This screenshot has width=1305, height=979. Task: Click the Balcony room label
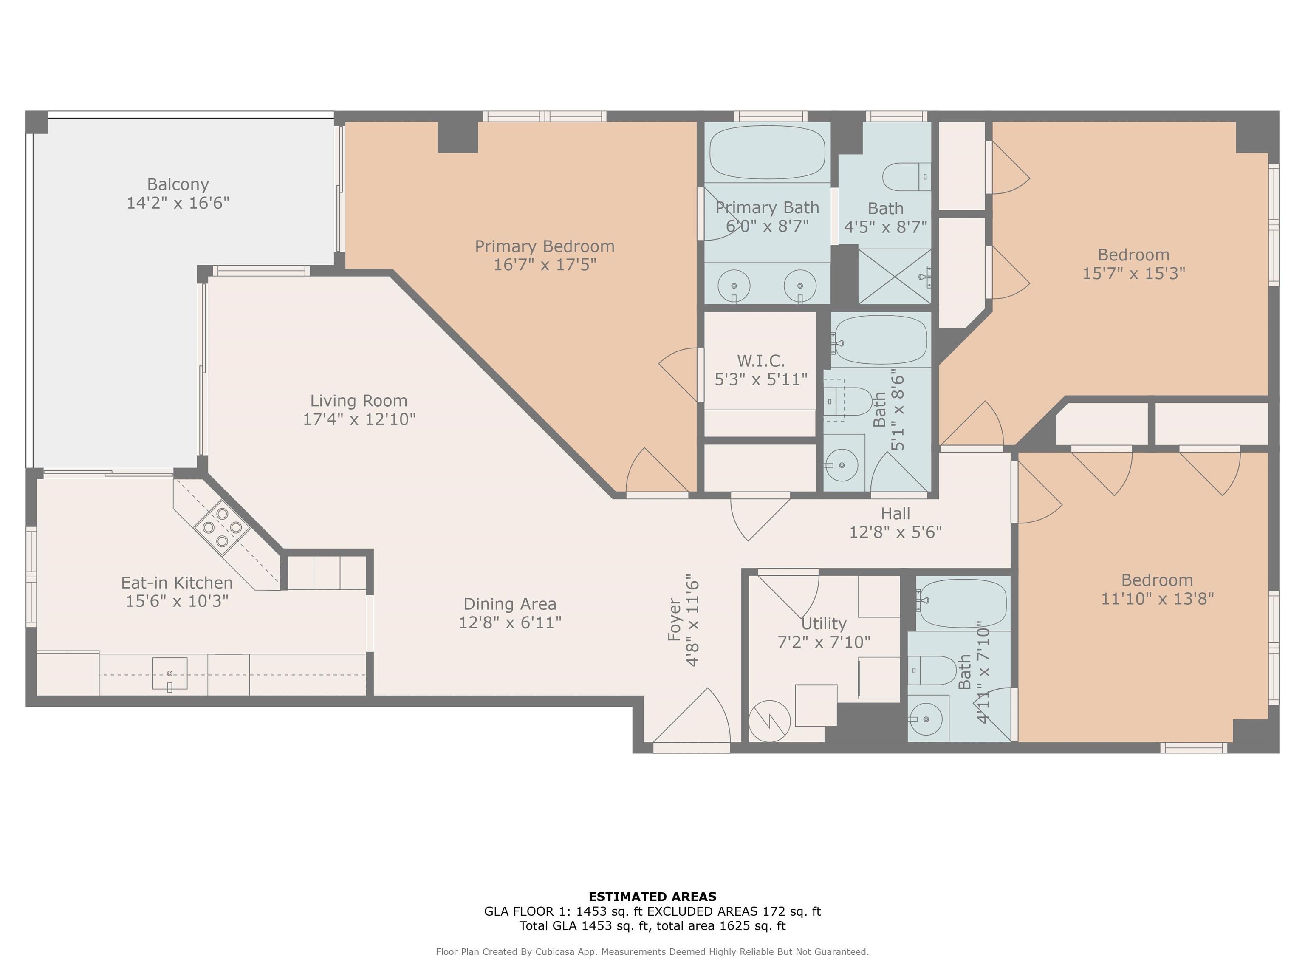(178, 185)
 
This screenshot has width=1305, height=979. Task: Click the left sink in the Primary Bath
(734, 286)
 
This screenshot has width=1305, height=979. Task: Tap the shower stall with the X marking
(894, 276)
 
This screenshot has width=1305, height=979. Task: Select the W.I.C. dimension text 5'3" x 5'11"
(761, 379)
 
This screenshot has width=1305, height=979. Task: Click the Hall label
(895, 513)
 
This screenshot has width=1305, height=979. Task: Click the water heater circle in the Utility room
(769, 721)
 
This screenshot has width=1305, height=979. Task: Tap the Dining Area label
(510, 604)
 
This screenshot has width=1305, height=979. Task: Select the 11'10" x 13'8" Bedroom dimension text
(1158, 598)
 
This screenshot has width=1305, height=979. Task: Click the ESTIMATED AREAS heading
(652, 897)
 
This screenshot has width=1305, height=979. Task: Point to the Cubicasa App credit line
(652, 951)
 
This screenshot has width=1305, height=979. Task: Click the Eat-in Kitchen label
(177, 583)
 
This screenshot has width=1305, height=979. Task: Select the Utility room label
(824, 623)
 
